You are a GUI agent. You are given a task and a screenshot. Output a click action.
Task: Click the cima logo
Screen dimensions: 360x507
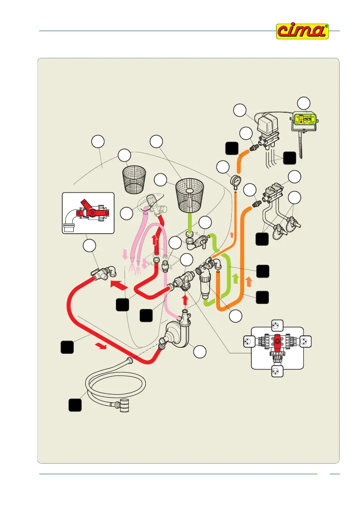coord(303,32)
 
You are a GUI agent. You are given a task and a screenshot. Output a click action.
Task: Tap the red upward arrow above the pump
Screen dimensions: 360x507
coord(185,301)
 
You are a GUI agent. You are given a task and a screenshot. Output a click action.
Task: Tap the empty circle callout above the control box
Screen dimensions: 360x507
coord(304,103)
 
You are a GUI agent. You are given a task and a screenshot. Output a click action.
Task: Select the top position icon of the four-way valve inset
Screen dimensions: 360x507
coord(278,326)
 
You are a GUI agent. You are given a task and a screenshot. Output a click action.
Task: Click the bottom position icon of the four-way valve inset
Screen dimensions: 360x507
coord(278,371)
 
